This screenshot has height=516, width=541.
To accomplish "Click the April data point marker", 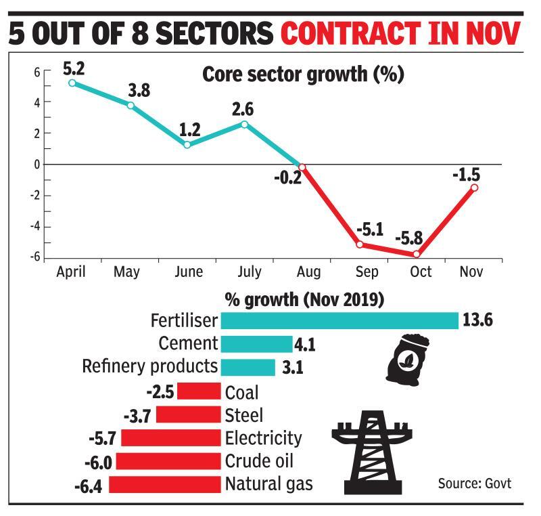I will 72,83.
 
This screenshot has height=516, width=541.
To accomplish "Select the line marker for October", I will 417,254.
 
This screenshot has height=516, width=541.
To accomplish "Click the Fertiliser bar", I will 339,320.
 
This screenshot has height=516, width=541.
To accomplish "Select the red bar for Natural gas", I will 165,484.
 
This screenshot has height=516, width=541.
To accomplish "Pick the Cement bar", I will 256,343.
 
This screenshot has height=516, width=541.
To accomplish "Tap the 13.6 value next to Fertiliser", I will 477,320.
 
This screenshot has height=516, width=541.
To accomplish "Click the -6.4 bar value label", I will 87,485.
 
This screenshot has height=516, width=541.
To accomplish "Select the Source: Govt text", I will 474,483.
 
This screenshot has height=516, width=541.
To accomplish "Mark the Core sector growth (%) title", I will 303,74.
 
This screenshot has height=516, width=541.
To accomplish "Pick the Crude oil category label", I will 260,461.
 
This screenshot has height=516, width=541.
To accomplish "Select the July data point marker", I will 244,124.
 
